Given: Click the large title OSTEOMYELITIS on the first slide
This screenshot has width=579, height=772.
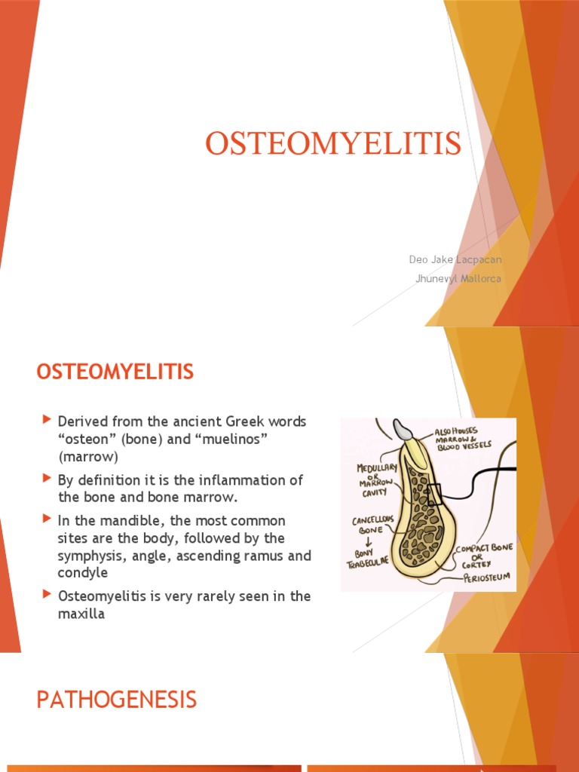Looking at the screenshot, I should [x=332, y=144].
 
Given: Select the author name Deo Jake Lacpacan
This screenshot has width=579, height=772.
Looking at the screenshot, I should [x=455, y=259].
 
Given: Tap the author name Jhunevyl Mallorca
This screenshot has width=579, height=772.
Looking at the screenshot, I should [x=458, y=278].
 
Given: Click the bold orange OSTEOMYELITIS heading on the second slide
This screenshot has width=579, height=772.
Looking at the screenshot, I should [x=115, y=372].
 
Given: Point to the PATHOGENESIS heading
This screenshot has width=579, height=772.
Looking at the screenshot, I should [x=117, y=700].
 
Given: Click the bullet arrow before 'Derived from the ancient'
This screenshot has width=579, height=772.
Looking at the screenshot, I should [x=48, y=418].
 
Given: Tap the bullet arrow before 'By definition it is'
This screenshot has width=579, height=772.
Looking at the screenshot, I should [x=48, y=478].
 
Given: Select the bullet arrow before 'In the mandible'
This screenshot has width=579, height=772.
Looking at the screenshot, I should [x=48, y=519].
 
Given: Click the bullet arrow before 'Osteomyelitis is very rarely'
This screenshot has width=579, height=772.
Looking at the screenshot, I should [x=48, y=595].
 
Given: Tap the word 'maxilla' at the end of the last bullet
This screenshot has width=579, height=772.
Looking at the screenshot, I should [x=81, y=614].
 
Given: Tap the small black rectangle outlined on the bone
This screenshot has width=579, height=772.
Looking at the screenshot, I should [x=435, y=494].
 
